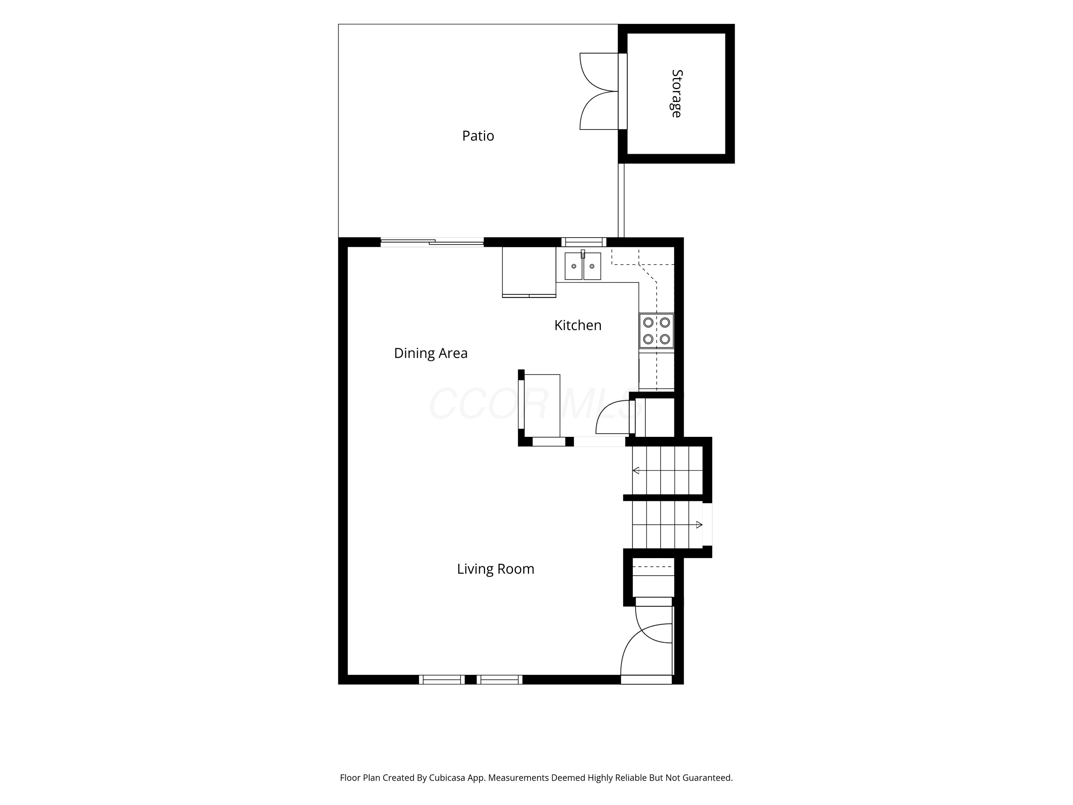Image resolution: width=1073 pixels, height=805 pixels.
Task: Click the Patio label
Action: [x=478, y=136]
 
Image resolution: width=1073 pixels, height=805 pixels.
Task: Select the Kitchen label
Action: [x=578, y=325]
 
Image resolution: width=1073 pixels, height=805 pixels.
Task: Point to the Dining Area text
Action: [x=431, y=353]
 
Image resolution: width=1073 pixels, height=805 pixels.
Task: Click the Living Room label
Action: [x=495, y=569]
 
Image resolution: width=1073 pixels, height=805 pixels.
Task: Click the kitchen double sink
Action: [x=583, y=265]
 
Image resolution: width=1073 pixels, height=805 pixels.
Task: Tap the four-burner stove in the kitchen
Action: [x=656, y=331]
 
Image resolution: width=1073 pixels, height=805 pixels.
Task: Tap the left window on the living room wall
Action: [x=442, y=679]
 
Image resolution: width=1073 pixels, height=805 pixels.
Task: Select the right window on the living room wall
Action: [x=499, y=679]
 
